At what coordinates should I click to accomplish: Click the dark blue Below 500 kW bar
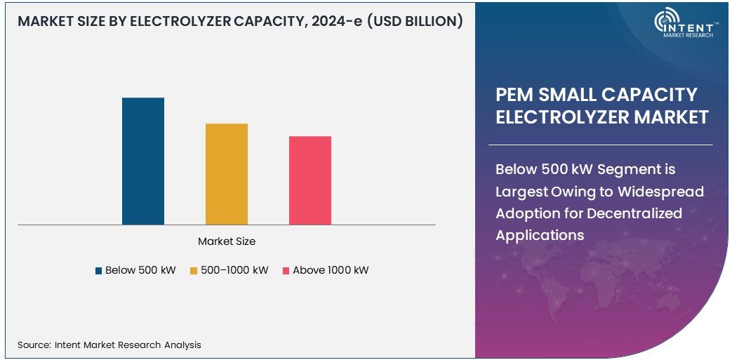point(143,161)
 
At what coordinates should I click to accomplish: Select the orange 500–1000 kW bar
point(227,174)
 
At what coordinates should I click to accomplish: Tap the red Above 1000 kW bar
point(310,180)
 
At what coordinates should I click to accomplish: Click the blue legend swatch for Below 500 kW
point(98,271)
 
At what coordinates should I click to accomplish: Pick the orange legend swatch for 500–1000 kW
point(193,271)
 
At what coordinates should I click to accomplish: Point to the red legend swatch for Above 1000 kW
point(286,271)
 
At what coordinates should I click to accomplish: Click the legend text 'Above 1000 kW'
point(331,270)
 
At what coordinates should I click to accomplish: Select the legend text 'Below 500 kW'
point(140,270)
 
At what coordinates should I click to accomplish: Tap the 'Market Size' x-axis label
point(227,241)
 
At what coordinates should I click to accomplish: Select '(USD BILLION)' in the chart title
point(415,21)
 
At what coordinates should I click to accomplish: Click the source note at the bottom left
point(109,345)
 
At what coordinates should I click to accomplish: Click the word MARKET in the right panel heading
point(672,117)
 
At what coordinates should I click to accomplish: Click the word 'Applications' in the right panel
point(540,235)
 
